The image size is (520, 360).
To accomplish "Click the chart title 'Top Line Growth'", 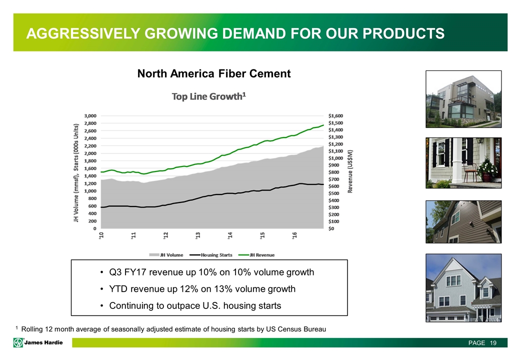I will [208, 96].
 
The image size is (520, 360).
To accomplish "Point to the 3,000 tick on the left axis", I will [89, 115].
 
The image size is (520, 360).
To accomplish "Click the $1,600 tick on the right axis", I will [336, 115].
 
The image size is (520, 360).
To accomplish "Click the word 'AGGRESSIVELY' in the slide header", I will [80, 33].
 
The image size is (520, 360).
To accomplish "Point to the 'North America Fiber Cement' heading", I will [214, 74].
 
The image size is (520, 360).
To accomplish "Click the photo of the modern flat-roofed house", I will [462, 99].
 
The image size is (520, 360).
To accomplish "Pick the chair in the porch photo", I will [470, 173].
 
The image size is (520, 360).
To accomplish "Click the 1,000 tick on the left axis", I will [90, 191].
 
